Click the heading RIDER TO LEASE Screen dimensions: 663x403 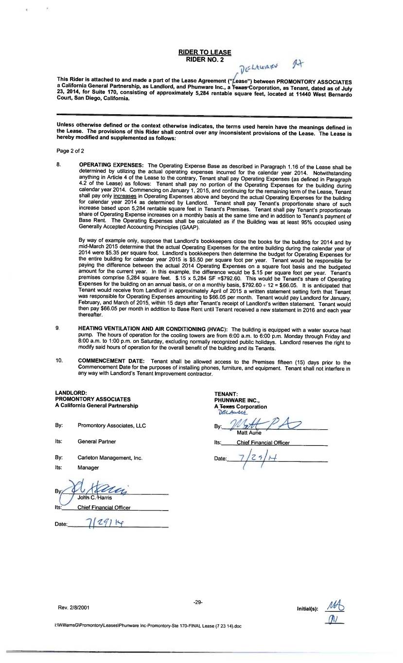[204, 52]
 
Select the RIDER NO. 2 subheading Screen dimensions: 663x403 [204, 59]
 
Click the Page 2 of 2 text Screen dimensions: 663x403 [70, 151]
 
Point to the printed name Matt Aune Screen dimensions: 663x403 [249, 433]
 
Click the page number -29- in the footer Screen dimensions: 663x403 [197, 602]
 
